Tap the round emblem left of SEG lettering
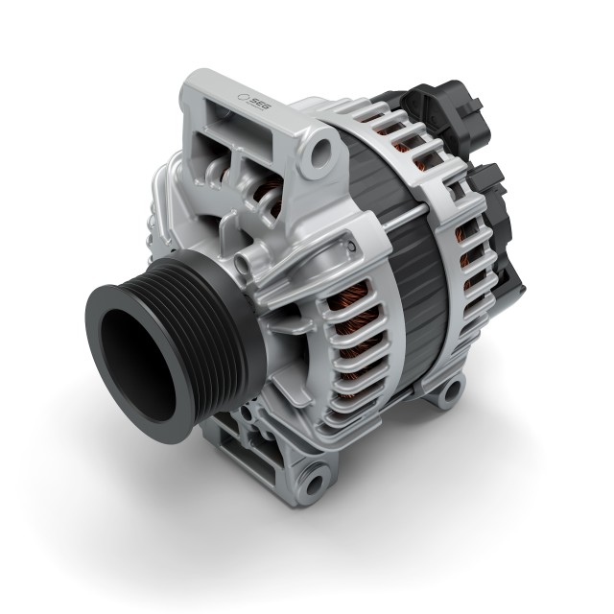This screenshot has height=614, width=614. pyautogui.click(x=244, y=96)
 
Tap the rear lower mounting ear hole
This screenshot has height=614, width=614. pyautogui.click(x=449, y=391)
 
